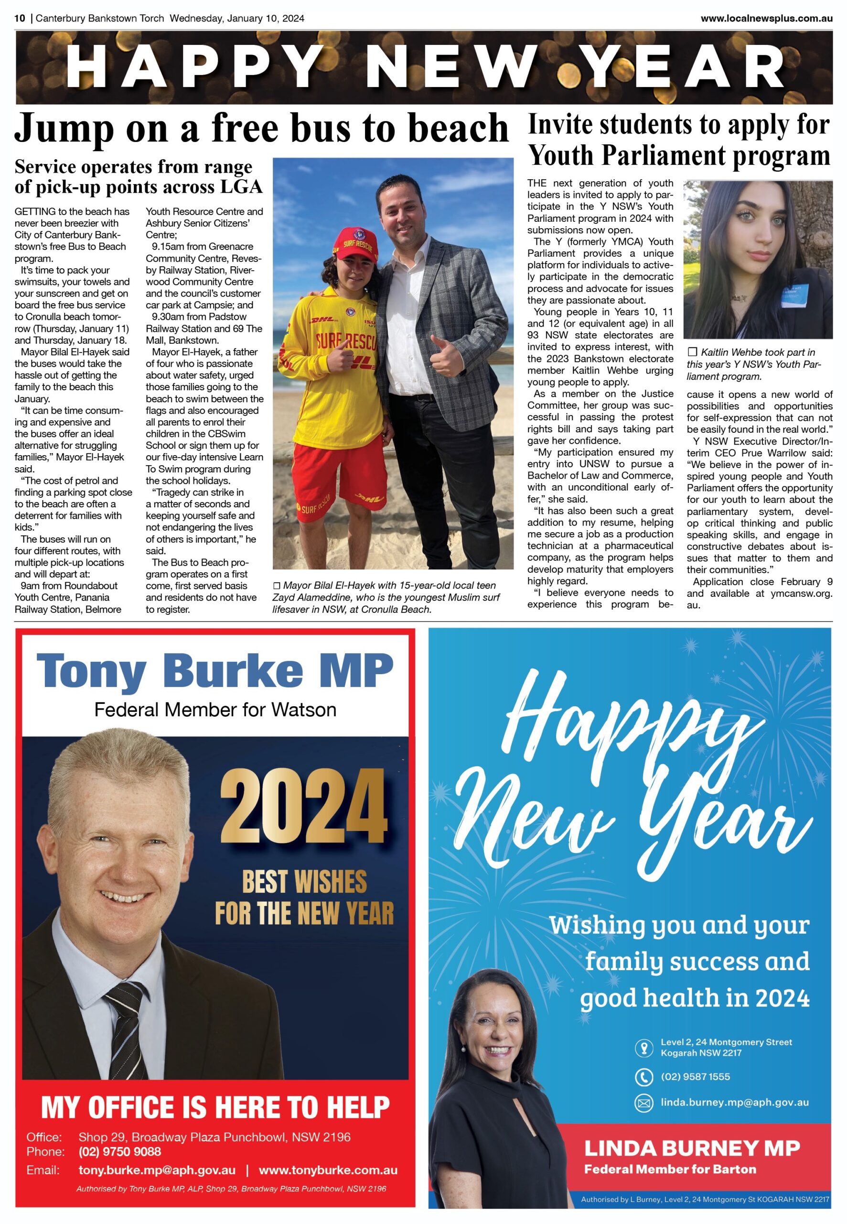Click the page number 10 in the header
[x=20, y=18]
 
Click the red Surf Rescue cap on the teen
[x=354, y=243]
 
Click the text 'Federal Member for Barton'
[x=670, y=1169]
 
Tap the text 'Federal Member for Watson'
[x=215, y=710]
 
